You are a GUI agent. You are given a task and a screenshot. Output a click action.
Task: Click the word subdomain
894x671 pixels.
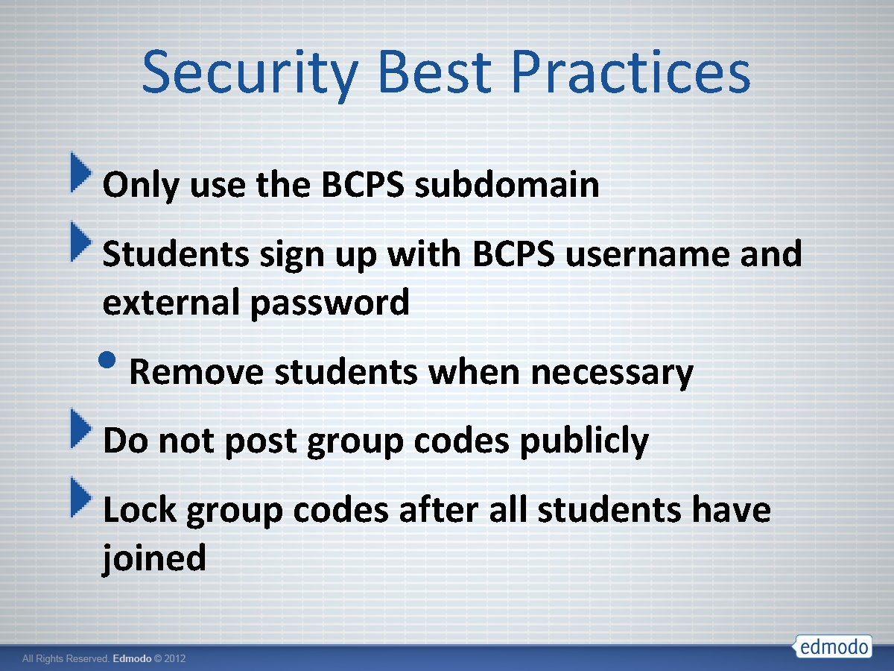(507, 185)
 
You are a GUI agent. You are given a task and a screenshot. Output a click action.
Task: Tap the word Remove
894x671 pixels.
(197, 371)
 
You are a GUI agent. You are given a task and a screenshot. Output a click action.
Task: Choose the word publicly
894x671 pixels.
(583, 441)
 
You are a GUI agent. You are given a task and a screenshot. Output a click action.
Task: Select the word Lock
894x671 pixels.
(139, 510)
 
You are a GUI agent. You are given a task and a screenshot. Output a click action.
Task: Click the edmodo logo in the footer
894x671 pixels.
(834, 646)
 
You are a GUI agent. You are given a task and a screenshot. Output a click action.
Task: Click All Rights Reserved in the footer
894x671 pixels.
(66, 659)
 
